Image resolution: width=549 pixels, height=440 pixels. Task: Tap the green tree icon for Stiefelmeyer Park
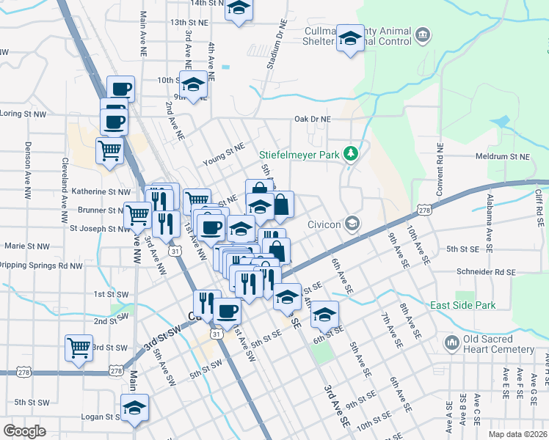click(352, 153)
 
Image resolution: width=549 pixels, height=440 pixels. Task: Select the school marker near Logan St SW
click(135, 408)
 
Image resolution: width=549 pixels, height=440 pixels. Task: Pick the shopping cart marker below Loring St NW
click(109, 150)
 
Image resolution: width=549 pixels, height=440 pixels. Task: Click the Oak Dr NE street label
click(313, 119)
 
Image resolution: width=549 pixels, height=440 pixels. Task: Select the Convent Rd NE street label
click(440, 168)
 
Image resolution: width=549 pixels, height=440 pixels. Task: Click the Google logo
click(24, 431)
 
